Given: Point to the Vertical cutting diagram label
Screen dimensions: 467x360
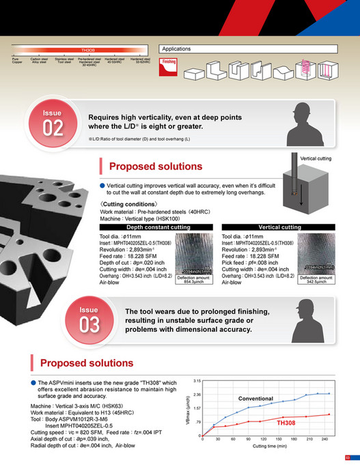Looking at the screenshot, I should (316, 158).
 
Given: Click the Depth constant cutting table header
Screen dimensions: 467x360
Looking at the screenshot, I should (158, 227).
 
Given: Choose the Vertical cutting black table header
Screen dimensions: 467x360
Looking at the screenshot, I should (279, 227).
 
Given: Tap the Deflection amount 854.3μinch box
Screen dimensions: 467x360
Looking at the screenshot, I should (194, 279).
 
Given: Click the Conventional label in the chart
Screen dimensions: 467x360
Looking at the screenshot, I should (255, 398).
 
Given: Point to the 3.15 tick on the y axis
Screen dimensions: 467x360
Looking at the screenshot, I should (197, 380).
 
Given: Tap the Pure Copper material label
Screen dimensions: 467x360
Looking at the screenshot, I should (17, 61).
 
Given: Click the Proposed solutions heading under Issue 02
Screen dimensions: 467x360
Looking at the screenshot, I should (156, 166).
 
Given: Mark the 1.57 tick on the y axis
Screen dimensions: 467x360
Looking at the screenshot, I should (197, 408).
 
